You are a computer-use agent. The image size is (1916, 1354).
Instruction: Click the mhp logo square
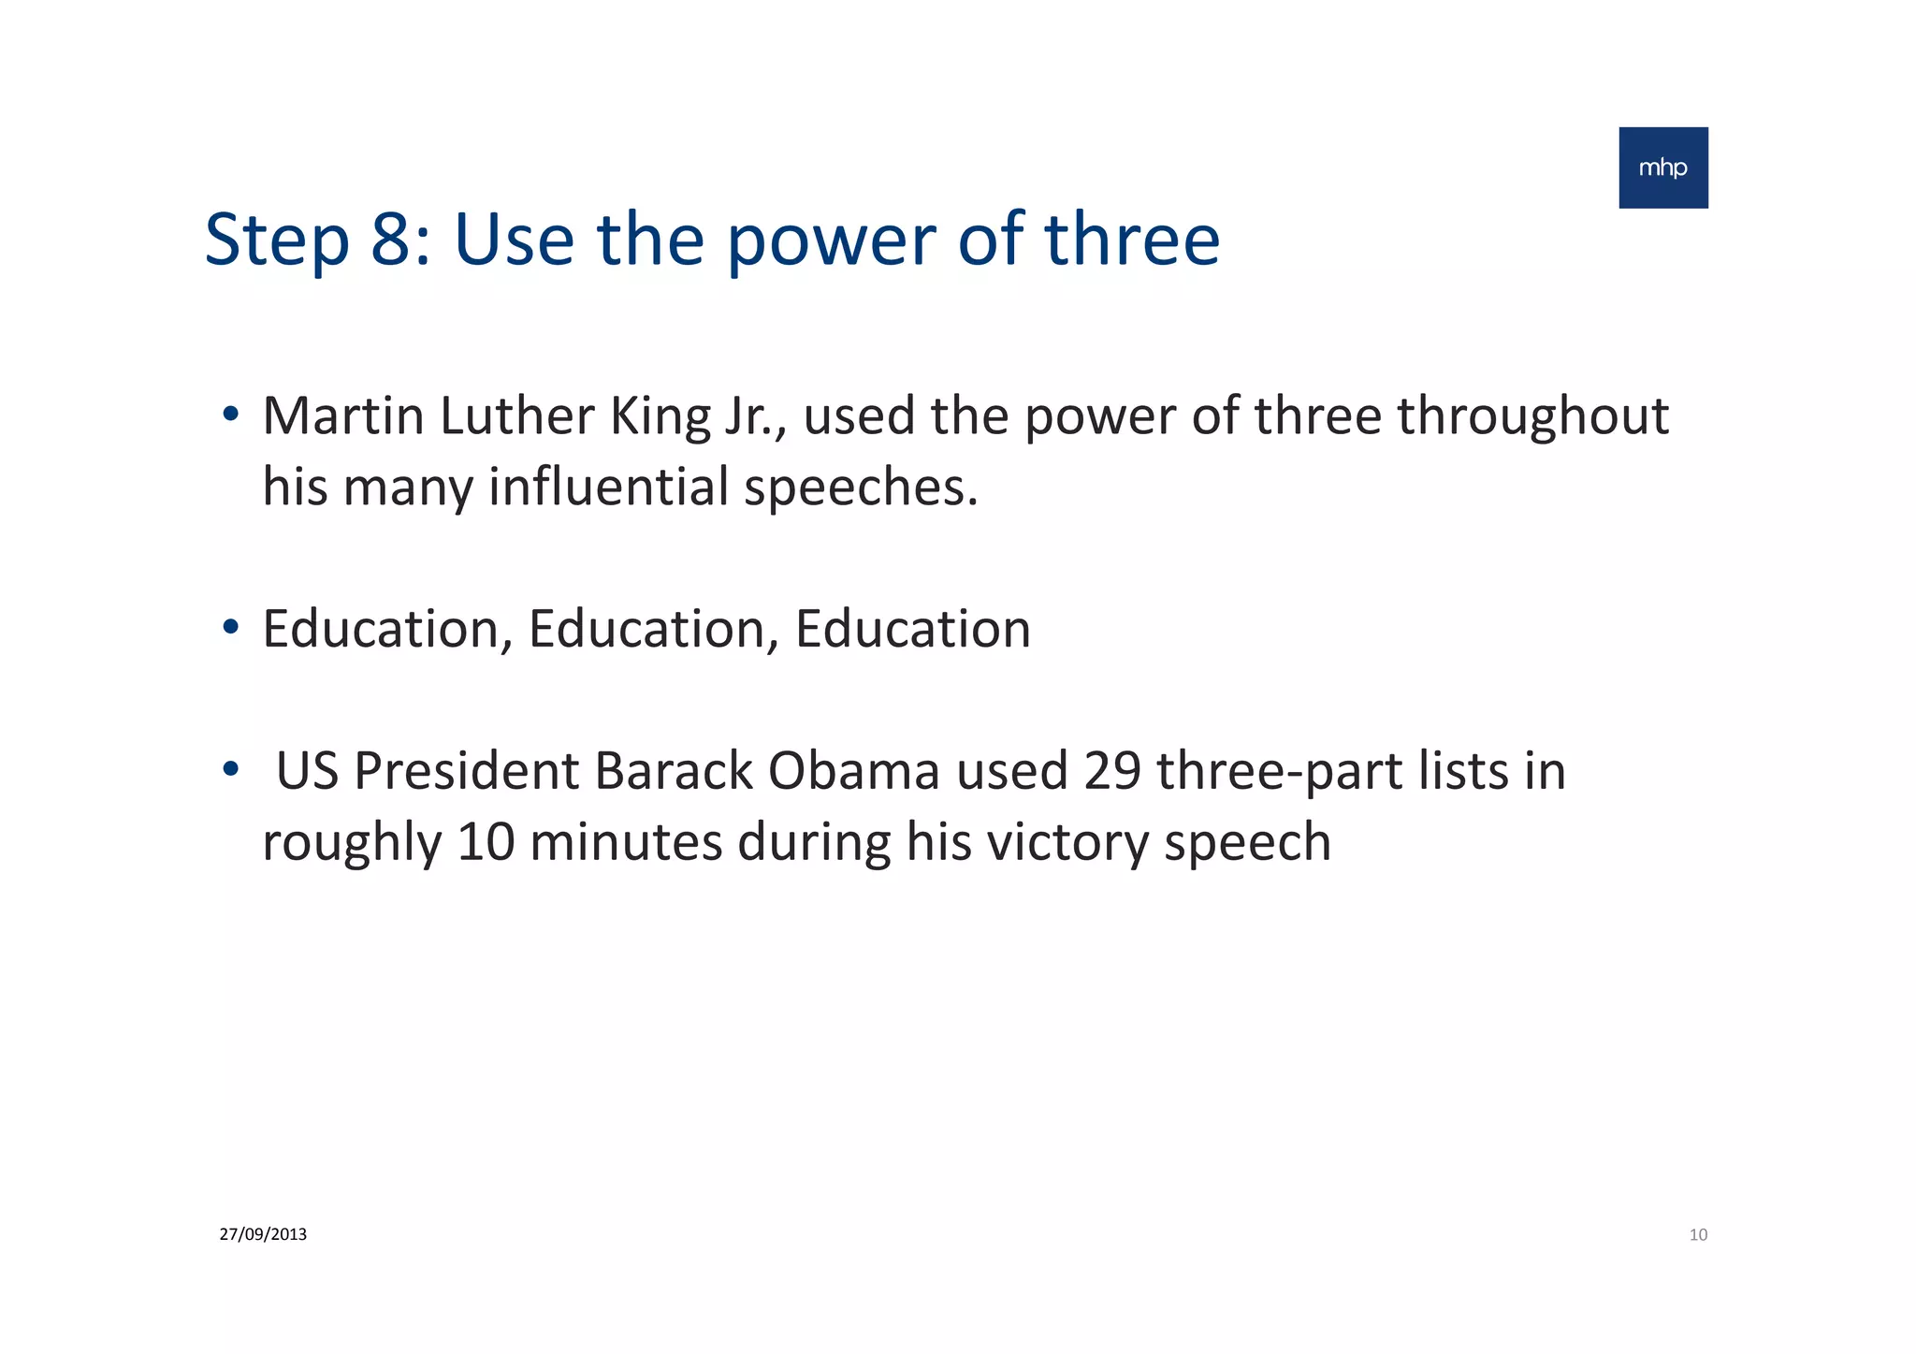[x=1662, y=167]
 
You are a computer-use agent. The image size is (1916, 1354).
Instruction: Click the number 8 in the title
[x=398, y=240]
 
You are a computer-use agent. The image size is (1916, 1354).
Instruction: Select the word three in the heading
[x=1131, y=240]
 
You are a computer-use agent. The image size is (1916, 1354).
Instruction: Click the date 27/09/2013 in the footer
[x=263, y=1234]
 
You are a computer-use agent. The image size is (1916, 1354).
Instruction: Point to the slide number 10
[x=1698, y=1235]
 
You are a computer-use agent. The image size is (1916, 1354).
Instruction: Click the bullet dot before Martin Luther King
[x=230, y=414]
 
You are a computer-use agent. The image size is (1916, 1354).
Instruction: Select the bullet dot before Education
[x=230, y=627]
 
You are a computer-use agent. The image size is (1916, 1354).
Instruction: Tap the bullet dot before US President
[x=230, y=769]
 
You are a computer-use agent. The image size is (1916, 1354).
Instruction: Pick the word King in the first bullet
[x=660, y=417]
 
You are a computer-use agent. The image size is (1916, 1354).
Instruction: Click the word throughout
[x=1532, y=417]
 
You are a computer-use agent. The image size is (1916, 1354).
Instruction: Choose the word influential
[x=608, y=488]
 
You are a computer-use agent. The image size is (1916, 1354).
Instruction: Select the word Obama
[x=853, y=771]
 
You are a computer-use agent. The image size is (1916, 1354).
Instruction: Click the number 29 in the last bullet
[x=1111, y=771]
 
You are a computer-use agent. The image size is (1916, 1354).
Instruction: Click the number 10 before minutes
[x=485, y=842]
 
